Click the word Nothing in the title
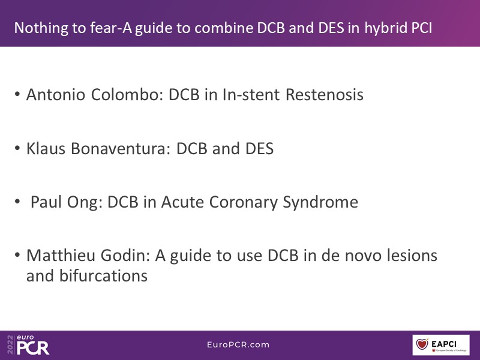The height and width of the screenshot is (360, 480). point(41,28)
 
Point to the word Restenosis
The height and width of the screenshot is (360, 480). point(325,94)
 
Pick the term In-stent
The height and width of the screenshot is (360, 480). point(251,94)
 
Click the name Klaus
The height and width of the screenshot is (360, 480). point(46,148)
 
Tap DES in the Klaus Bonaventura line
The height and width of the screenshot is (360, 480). point(259,149)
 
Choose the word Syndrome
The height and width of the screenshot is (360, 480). point(320,203)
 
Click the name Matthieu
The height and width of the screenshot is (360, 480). point(61,256)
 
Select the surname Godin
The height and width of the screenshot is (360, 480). point(125,256)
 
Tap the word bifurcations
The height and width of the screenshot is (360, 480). point(103,275)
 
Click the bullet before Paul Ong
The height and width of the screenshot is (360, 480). point(17,202)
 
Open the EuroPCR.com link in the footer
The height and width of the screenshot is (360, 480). point(238,344)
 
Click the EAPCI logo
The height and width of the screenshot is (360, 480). point(441,345)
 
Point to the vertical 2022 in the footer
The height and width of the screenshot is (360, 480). point(10,344)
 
